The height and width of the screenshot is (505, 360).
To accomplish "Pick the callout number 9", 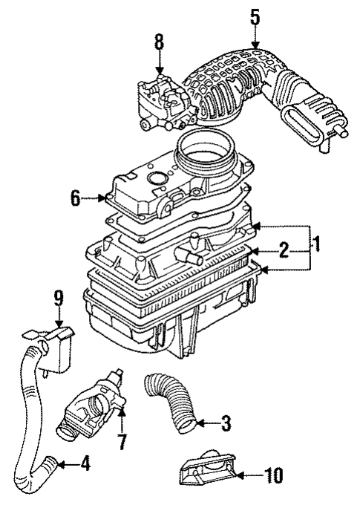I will pos(57,303).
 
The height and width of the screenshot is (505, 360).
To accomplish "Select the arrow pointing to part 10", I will pos(249,474).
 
